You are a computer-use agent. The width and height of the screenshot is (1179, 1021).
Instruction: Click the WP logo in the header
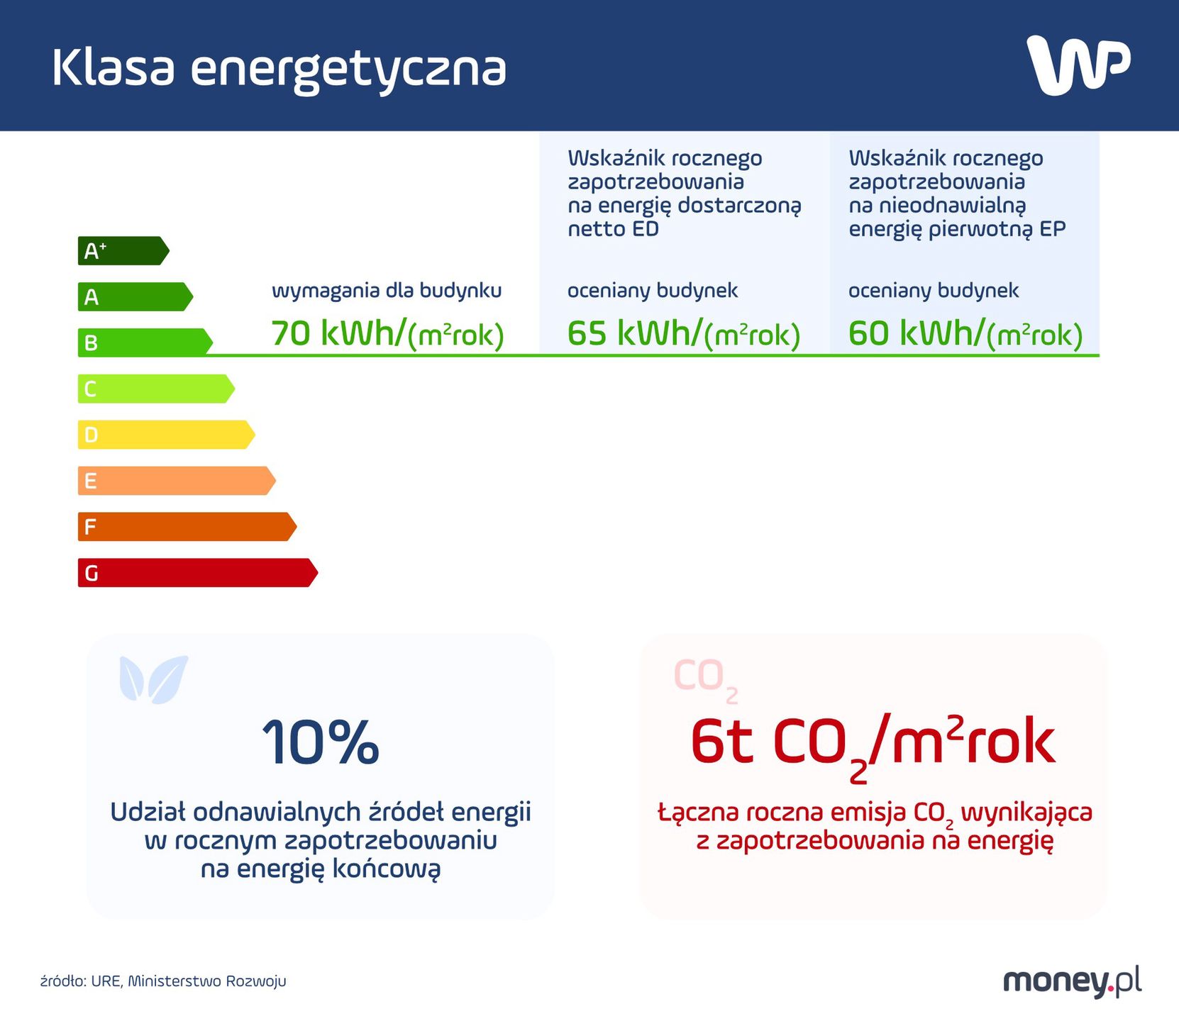coord(1078,65)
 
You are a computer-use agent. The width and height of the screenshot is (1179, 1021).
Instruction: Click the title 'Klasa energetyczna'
coord(279,69)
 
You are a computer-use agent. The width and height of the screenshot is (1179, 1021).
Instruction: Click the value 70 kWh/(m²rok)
coord(387,333)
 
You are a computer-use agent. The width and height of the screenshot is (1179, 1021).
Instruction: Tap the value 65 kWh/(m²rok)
coord(683,333)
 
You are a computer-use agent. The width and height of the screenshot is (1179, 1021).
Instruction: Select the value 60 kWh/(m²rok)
coord(965,333)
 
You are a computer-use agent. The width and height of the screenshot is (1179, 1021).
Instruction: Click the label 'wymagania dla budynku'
coord(387,291)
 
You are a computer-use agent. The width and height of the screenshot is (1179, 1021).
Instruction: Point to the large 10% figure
coord(321,742)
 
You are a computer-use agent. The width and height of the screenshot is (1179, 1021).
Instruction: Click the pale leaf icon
coord(154,679)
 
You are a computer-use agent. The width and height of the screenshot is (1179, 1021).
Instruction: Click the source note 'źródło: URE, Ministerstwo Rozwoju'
coord(163,981)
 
